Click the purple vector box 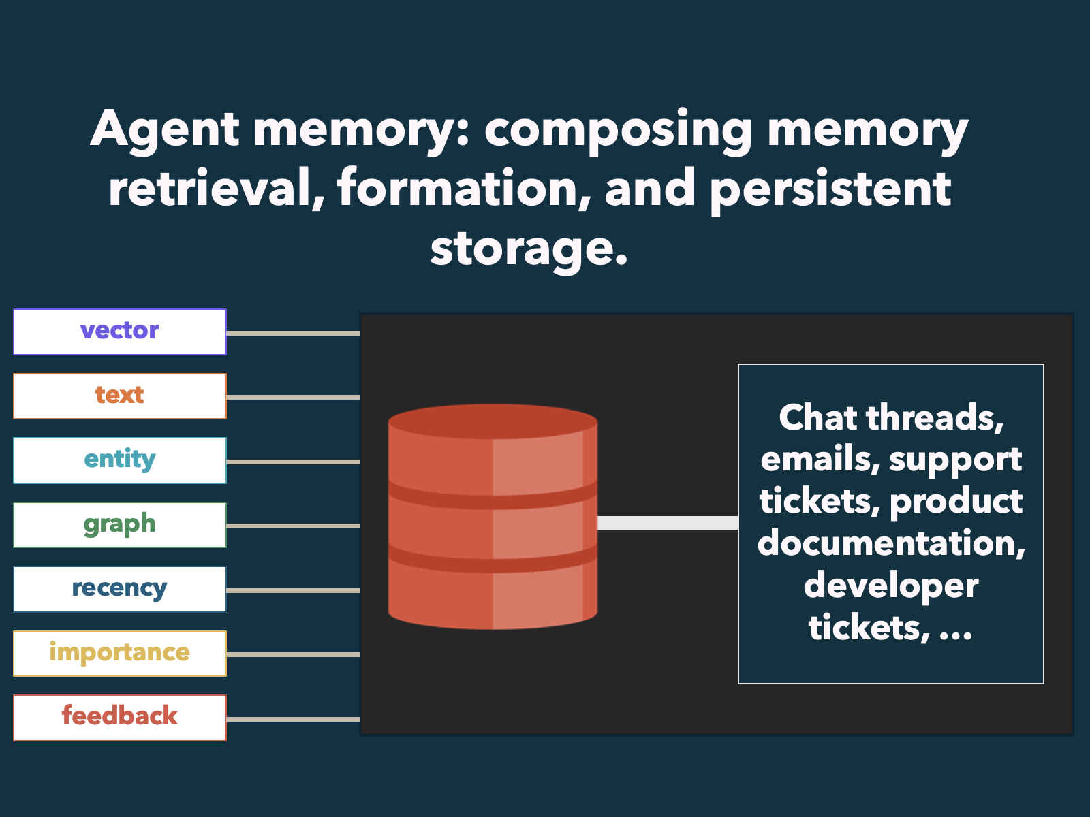tap(120, 332)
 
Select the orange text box tap(120, 396)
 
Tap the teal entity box tap(120, 460)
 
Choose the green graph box tap(120, 525)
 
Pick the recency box tap(120, 590)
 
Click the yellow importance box tap(120, 654)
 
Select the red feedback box tap(120, 718)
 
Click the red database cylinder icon tap(493, 517)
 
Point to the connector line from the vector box tap(293, 333)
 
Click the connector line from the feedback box tap(293, 719)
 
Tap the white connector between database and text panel tap(668, 523)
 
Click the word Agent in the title tap(165, 130)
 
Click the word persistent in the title tap(830, 189)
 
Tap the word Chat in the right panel tap(818, 417)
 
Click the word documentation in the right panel tap(891, 543)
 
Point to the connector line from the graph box tap(293, 526)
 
